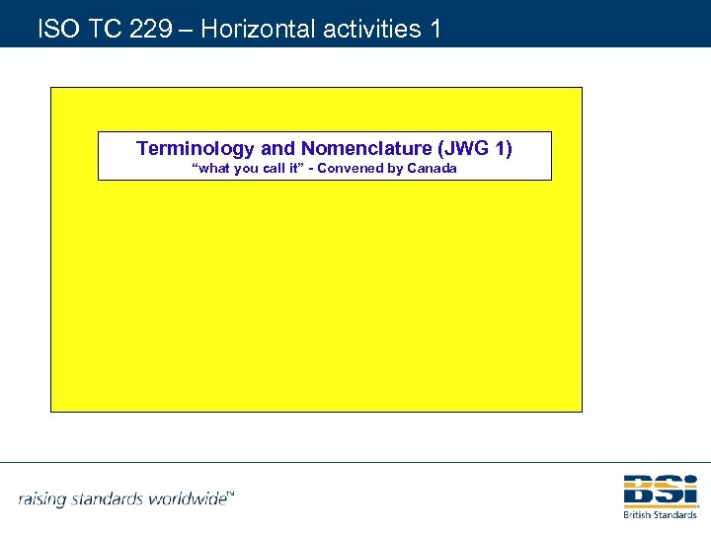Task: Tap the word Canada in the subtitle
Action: click(x=433, y=169)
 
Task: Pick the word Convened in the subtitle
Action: click(x=350, y=169)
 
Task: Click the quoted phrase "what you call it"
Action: click(x=245, y=169)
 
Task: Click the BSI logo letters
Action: click(x=660, y=491)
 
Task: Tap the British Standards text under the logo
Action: click(x=660, y=514)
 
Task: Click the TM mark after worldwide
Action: click(x=231, y=493)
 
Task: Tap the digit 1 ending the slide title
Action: click(x=435, y=29)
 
